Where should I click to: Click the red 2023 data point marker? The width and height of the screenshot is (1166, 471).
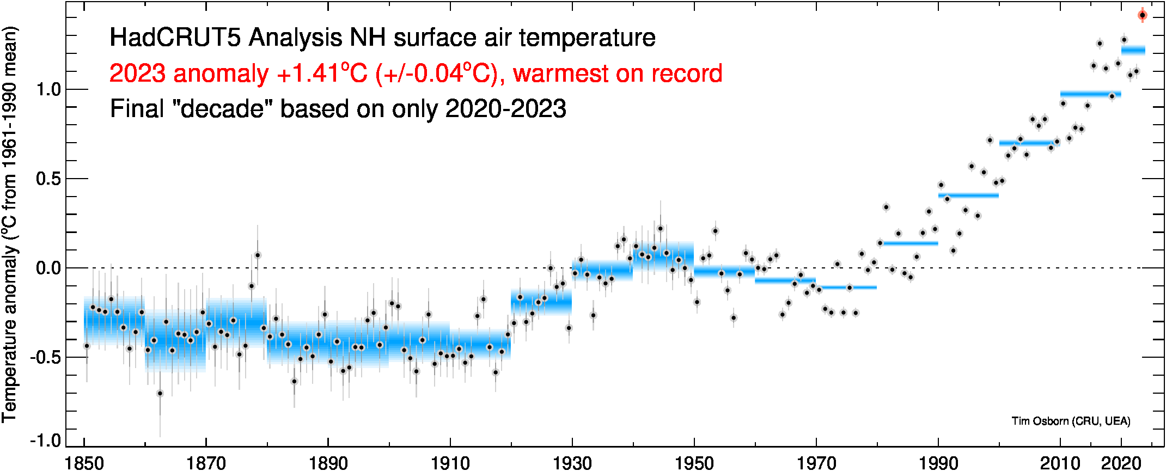(x=1143, y=15)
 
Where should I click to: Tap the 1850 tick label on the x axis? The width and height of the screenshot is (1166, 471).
(x=84, y=463)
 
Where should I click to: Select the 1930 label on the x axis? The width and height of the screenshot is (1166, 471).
(x=572, y=463)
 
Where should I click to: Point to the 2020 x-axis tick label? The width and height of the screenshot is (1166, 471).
(x=1121, y=463)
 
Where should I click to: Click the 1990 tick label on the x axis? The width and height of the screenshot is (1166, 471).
(x=938, y=463)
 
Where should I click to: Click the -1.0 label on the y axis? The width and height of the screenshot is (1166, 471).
(x=46, y=440)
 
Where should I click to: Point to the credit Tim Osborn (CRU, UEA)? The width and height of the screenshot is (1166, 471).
(x=1071, y=421)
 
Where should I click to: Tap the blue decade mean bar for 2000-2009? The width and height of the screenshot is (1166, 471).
(x=1029, y=144)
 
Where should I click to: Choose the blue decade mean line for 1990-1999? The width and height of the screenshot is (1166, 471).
(x=968, y=195)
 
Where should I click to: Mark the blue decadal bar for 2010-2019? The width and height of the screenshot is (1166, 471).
(x=1090, y=94)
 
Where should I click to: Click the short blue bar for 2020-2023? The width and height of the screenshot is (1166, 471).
(x=1133, y=50)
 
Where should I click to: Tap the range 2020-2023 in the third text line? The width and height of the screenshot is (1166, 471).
(x=505, y=109)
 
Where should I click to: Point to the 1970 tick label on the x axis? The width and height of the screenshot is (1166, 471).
(x=816, y=463)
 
